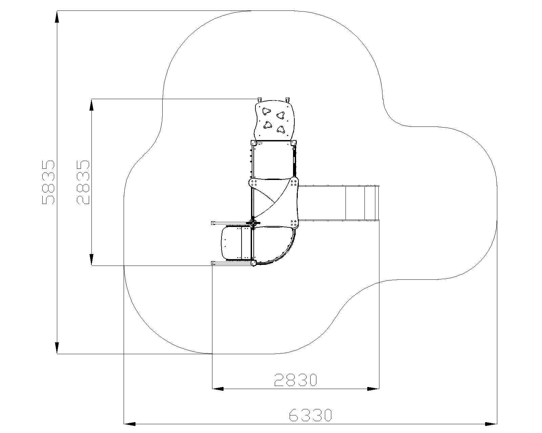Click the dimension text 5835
click(48, 182)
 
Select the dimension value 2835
click(83, 182)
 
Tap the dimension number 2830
click(295, 380)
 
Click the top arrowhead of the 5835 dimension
click(57, 17)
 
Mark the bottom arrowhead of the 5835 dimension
click(57, 348)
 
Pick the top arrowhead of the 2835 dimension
click(91, 105)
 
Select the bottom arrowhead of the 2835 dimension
click(91, 259)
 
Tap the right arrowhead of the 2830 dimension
click(373, 389)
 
